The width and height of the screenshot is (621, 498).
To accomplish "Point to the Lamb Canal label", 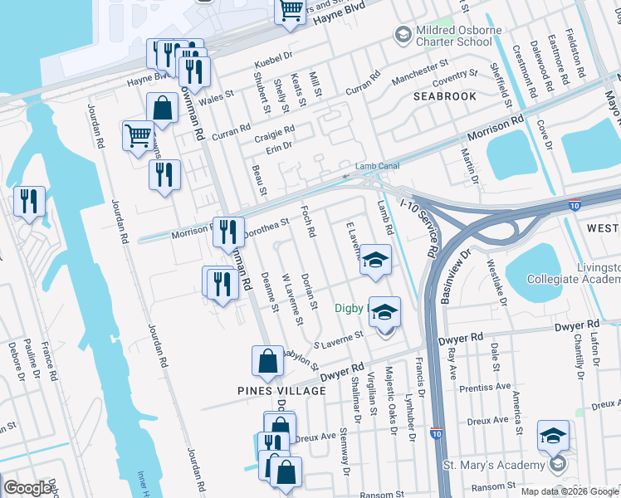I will (x=373, y=166).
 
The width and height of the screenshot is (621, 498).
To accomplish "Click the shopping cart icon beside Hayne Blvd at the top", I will (x=291, y=11).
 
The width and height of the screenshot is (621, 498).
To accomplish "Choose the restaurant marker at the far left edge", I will (x=29, y=202).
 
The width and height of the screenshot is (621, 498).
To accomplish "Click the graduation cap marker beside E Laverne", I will (x=375, y=260).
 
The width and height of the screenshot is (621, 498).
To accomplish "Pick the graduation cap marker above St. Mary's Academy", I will (x=553, y=436).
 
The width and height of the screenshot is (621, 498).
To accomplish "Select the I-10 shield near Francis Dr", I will (x=438, y=433).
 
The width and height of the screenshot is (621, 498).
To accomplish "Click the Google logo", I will (x=27, y=488).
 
